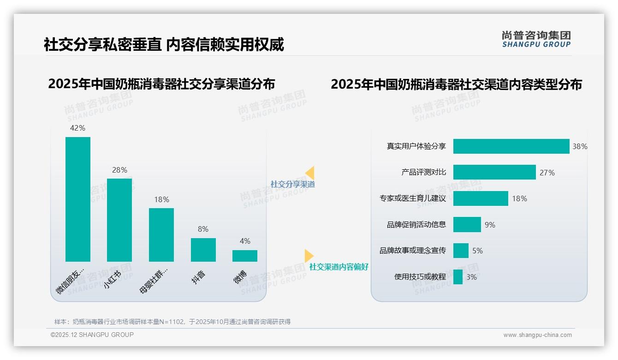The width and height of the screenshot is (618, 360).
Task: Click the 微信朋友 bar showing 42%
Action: tap(78, 199)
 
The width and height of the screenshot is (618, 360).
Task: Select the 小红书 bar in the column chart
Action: tap(119, 220)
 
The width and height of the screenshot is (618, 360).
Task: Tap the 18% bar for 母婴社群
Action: tap(161, 234)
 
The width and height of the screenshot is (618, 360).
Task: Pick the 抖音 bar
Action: tap(203, 250)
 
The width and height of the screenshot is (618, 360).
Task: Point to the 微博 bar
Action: tap(245, 256)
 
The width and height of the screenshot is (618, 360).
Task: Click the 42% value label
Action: tap(77, 128)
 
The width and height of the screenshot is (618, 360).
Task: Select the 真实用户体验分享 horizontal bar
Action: tap(511, 146)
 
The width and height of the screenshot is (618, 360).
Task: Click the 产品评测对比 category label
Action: tap(423, 172)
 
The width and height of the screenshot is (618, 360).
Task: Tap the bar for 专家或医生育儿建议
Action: tap(481, 198)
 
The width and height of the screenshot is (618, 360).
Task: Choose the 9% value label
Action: tap(490, 225)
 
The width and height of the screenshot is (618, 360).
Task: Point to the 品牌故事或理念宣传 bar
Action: tap(461, 251)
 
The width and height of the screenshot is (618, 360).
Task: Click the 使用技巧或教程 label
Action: tap(420, 277)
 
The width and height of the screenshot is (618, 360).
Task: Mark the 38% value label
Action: tap(580, 146)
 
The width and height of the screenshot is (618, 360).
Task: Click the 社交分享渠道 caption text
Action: tap(292, 184)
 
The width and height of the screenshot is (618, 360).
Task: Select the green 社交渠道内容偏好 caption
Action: tap(339, 267)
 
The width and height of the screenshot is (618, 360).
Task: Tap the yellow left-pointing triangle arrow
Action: tap(310, 173)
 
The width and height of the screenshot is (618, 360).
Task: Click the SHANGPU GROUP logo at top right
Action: tap(536, 39)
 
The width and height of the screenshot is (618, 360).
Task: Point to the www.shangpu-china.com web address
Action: tap(537, 335)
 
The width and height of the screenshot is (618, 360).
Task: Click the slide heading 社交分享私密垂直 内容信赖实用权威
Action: tap(164, 44)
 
